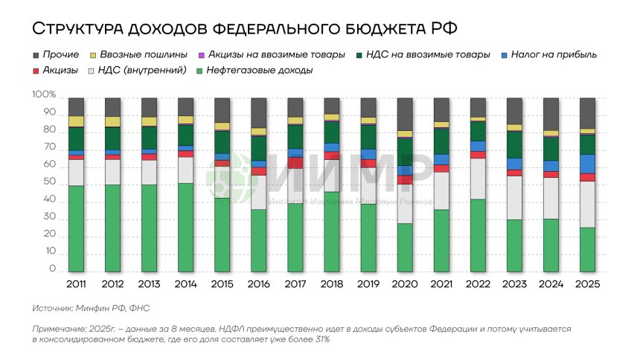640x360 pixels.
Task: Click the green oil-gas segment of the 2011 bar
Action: [x=76, y=229]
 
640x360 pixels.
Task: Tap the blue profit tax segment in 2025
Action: [x=587, y=164]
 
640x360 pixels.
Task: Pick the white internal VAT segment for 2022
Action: [x=478, y=179]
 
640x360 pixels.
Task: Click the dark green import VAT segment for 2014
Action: [x=185, y=135]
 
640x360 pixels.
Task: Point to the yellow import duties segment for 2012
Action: [x=112, y=121]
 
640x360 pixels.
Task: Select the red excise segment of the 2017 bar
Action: [x=295, y=162]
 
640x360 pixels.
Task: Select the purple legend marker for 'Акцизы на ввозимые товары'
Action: [x=202, y=55]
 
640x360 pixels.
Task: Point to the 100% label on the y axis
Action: [x=44, y=96]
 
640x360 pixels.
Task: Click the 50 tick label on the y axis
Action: [x=48, y=184]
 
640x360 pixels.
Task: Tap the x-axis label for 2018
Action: [x=332, y=285]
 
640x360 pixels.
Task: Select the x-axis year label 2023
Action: [x=514, y=285]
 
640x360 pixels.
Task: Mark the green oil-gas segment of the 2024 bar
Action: [x=551, y=245]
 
